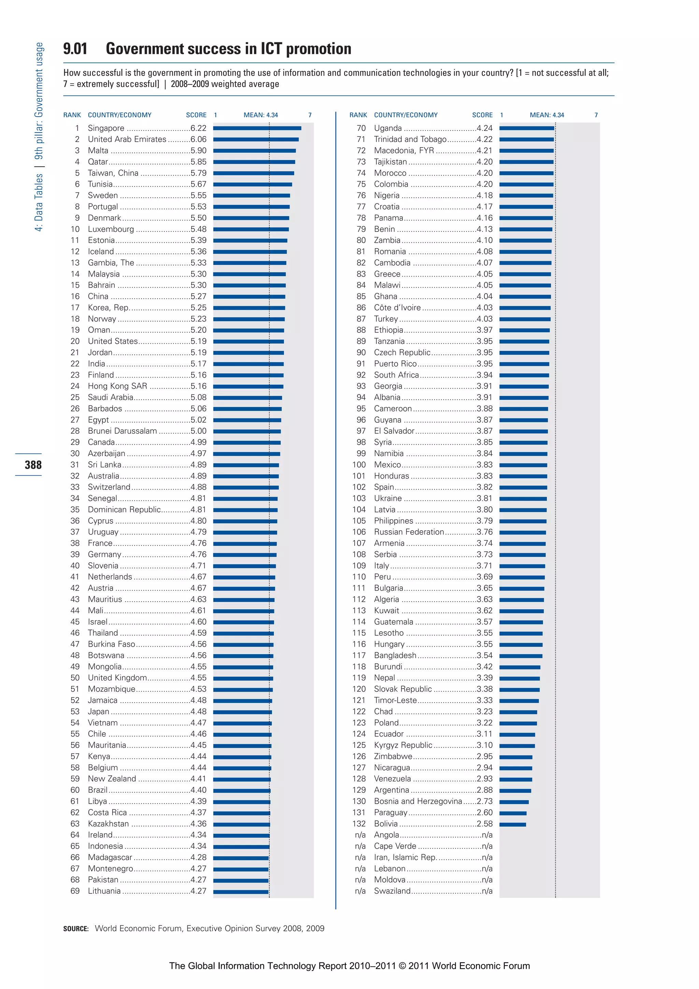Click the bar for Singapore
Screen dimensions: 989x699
(x=257, y=128)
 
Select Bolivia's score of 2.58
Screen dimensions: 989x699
(x=485, y=823)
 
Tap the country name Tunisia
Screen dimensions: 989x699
(x=100, y=184)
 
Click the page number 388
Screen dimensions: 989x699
(x=33, y=465)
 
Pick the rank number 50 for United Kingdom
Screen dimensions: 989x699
(x=75, y=678)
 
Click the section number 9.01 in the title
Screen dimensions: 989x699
(x=75, y=49)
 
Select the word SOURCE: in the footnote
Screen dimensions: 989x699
(x=76, y=929)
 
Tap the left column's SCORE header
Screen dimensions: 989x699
(x=196, y=115)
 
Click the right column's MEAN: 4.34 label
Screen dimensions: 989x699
(x=546, y=115)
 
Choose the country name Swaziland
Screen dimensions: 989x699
(x=392, y=891)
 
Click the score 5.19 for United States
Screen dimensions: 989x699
(x=199, y=341)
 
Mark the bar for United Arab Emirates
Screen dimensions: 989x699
(x=256, y=140)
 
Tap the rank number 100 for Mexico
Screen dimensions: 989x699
(x=359, y=465)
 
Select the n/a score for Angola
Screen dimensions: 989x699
(x=487, y=835)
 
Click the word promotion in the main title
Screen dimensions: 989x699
(x=318, y=49)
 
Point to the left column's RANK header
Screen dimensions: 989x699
(x=72, y=115)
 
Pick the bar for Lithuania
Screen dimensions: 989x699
(x=241, y=892)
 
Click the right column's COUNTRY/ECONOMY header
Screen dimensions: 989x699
(x=405, y=115)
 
